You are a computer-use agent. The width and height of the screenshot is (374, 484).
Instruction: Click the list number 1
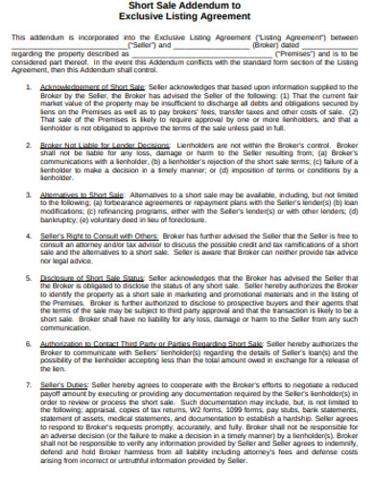coord(28,86)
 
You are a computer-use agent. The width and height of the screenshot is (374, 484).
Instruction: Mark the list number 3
coord(28,193)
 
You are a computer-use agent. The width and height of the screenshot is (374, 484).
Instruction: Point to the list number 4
coord(28,235)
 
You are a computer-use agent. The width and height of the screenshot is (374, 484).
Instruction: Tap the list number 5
coord(28,277)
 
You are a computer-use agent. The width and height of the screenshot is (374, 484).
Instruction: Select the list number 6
coord(28,342)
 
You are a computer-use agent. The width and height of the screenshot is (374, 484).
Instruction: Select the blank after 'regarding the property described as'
coord(192,54)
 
